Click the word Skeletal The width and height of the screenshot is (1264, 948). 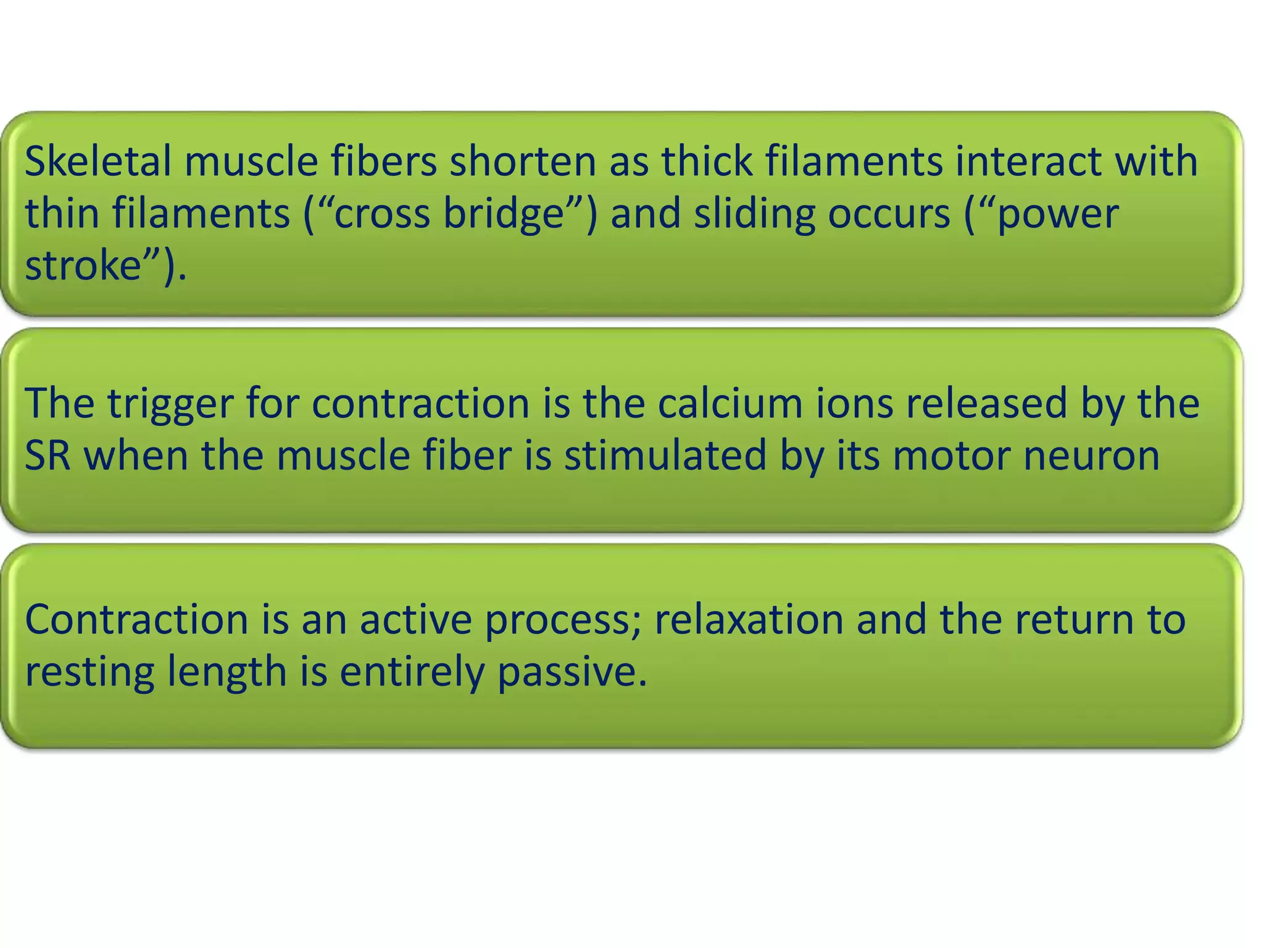(x=98, y=161)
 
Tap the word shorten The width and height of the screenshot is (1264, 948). (x=522, y=161)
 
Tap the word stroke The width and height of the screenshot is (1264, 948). (x=83, y=266)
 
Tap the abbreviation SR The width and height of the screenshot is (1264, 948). (x=48, y=455)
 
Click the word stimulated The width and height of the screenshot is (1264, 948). (x=665, y=455)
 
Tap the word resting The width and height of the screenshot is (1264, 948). (x=89, y=672)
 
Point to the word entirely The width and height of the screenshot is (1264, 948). (x=412, y=672)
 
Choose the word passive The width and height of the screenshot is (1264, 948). (x=572, y=672)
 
